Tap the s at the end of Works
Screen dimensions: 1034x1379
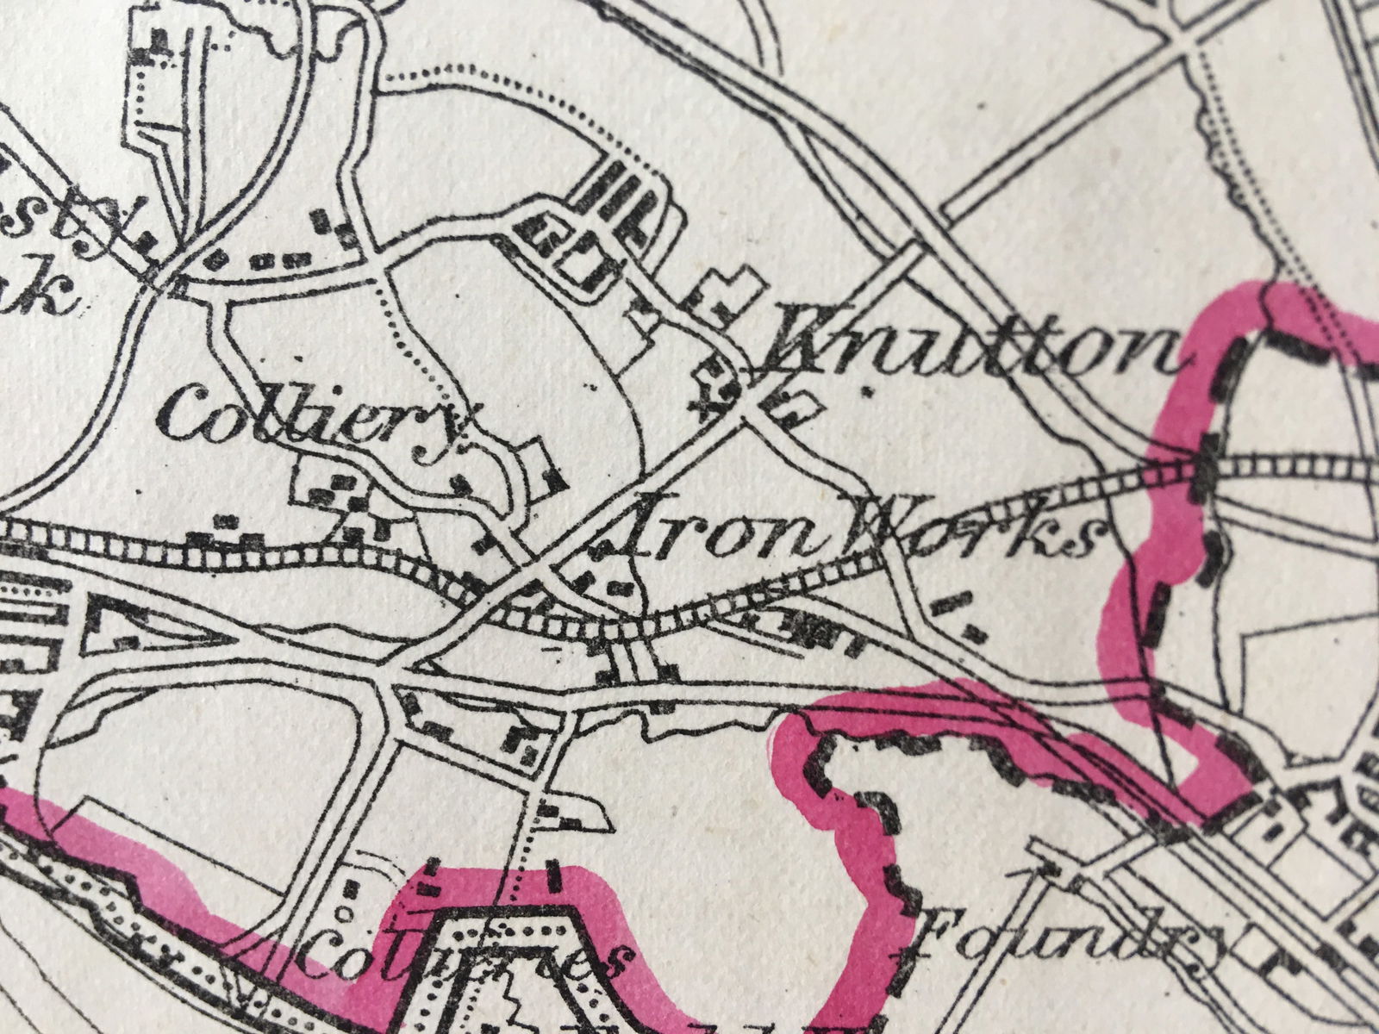[1082, 539]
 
